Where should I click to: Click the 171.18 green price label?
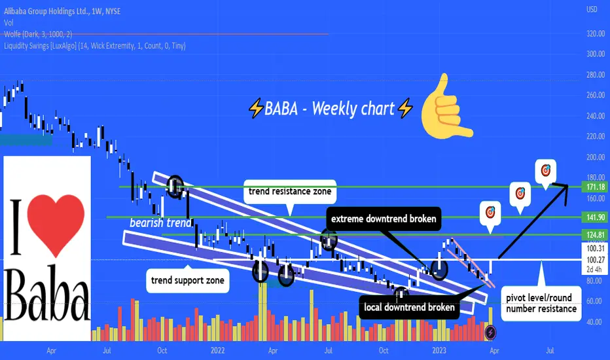click(x=595, y=187)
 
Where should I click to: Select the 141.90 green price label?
click(x=595, y=217)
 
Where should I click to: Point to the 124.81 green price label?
click(x=595, y=235)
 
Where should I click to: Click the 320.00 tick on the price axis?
click(x=596, y=34)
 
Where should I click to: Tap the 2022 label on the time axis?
click(x=217, y=350)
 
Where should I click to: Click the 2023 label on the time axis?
click(x=439, y=350)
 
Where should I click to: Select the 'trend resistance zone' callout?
click(x=290, y=192)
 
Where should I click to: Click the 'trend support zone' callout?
click(x=187, y=280)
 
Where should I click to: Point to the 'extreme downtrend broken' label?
click(x=384, y=219)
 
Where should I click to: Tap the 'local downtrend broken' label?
click(x=409, y=308)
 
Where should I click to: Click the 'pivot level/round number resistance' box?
click(x=541, y=303)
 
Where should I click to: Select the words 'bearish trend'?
click(x=160, y=223)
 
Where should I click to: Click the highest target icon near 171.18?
click(x=545, y=170)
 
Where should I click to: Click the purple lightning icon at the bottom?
click(x=491, y=333)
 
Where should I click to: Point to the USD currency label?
click(x=592, y=9)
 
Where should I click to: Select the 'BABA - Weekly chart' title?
click(x=330, y=108)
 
